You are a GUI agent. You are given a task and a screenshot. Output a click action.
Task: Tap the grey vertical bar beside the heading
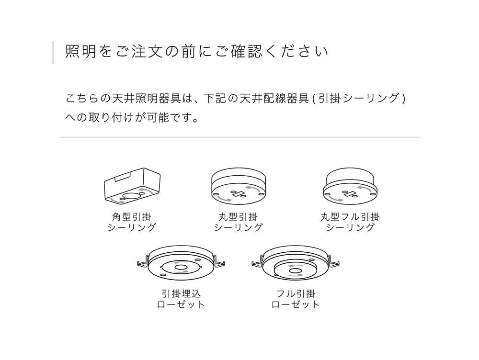pos(53,52)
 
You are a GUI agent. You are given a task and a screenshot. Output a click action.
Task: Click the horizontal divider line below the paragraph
pos(239,137)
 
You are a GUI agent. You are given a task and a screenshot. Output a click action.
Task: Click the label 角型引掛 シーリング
pos(132,222)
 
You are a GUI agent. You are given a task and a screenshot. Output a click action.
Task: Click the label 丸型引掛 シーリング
pos(238,222)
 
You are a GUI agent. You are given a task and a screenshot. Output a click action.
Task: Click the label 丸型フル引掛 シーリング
pos(350,222)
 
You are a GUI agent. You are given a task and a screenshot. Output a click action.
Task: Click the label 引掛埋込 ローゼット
pos(181,299)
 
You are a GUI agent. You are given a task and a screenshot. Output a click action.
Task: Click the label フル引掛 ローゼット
pos(296,299)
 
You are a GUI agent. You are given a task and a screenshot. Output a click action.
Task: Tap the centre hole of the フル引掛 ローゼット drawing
pos(295,271)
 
